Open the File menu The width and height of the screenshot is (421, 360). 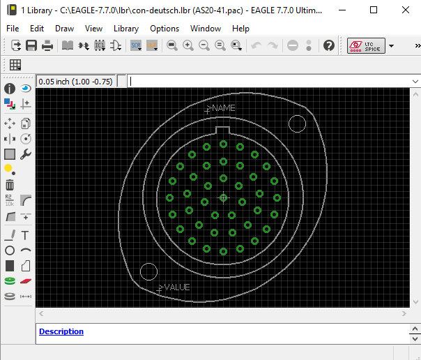click(x=13, y=29)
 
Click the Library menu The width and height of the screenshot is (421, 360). click(x=126, y=29)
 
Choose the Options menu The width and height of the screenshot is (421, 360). click(x=164, y=29)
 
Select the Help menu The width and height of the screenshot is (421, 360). click(x=240, y=29)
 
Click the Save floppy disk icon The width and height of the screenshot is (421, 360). click(x=31, y=45)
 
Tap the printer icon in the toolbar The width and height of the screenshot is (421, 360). click(x=47, y=45)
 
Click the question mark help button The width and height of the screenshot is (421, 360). click(x=328, y=45)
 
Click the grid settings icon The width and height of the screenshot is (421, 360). click(x=15, y=65)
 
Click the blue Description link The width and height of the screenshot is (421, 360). click(x=61, y=331)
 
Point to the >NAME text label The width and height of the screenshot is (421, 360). click(x=221, y=108)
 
